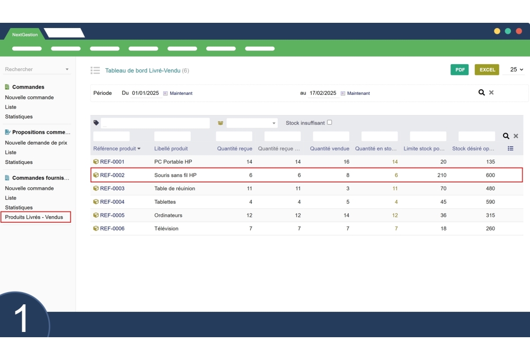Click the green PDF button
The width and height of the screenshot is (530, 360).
pyautogui.click(x=460, y=69)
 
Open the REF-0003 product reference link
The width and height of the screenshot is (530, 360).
pyautogui.click(x=112, y=188)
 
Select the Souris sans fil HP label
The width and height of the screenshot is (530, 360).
pyautogui.click(x=175, y=175)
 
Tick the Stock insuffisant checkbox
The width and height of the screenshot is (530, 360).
pyautogui.click(x=330, y=122)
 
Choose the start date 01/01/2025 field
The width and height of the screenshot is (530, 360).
pyautogui.click(x=145, y=93)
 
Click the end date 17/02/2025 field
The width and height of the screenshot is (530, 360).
pyautogui.click(x=323, y=93)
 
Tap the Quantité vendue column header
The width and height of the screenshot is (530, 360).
pyautogui.click(x=330, y=148)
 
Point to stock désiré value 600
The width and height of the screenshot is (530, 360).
pyautogui.click(x=490, y=175)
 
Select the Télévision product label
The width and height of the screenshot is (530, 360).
pyautogui.click(x=166, y=229)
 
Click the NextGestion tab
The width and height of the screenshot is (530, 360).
pyautogui.click(x=25, y=34)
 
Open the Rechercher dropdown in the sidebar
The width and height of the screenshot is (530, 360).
pyautogui.click(x=37, y=69)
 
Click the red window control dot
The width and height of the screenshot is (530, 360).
pyautogui.click(x=519, y=31)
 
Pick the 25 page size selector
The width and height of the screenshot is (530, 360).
pyautogui.click(x=516, y=69)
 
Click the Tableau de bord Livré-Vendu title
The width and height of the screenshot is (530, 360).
pyautogui.click(x=143, y=71)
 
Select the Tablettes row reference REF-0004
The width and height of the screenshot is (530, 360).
pyautogui.click(x=112, y=202)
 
